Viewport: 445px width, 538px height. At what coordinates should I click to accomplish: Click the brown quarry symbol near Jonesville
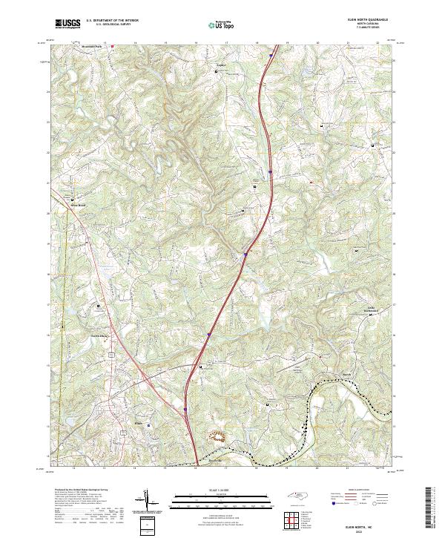217,436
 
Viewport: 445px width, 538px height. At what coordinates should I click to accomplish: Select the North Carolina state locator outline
297,499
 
